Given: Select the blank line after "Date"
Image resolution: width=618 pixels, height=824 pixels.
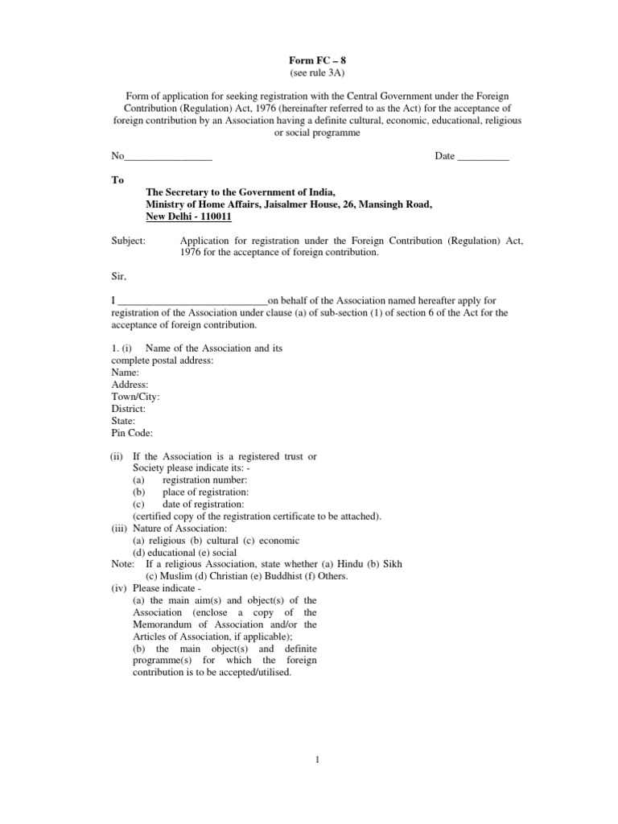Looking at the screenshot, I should coord(483,157).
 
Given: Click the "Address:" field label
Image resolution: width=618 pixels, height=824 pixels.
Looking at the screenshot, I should coord(130,385).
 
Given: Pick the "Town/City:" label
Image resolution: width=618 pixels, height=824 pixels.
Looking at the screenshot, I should coord(135,397).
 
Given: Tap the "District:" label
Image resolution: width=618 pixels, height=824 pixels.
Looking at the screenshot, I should coord(129,409).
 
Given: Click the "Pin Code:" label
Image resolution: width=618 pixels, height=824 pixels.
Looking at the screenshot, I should coord(132,433).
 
